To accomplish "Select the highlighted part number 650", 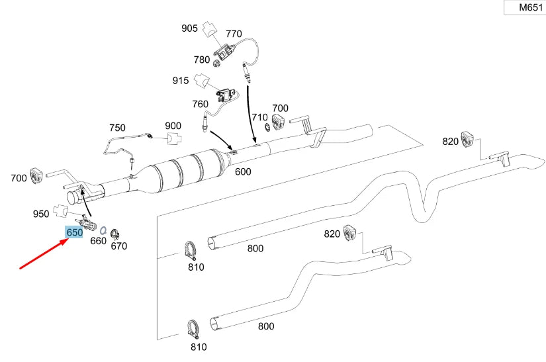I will point(74,232).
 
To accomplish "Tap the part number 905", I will point(190,28).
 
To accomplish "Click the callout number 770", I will point(234,33).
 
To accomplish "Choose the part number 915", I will point(181,81).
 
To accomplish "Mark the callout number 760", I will point(200,104).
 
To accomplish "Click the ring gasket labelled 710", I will point(267,126).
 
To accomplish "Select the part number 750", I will point(117,127).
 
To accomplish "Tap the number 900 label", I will point(173,126).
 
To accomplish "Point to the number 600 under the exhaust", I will point(243,171).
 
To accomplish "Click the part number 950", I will point(41,214).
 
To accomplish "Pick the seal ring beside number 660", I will point(105,229).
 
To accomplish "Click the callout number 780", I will point(202,60).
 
